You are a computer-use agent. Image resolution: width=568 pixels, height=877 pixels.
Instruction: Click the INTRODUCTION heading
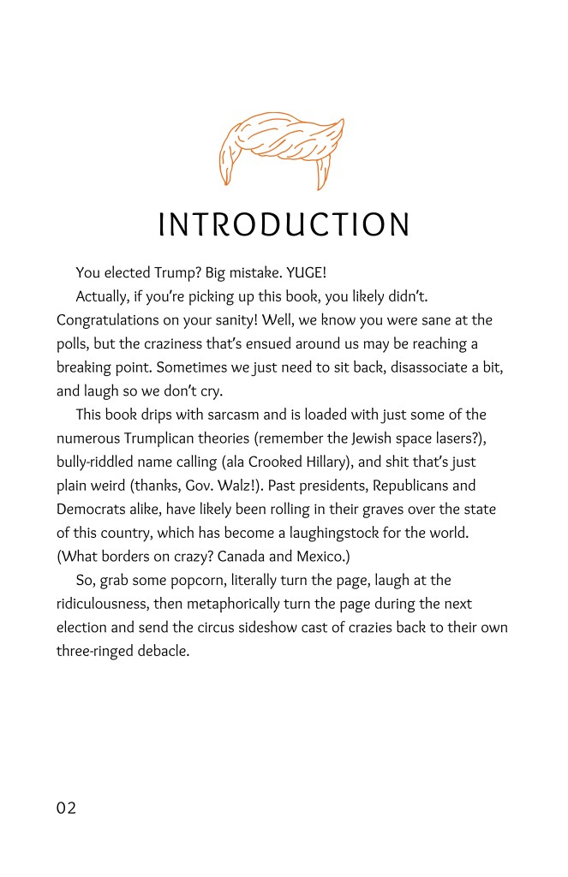coord(284,224)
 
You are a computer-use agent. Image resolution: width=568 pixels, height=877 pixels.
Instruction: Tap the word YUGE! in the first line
coord(306,273)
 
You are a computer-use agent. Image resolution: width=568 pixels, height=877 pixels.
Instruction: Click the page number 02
coord(67,808)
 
